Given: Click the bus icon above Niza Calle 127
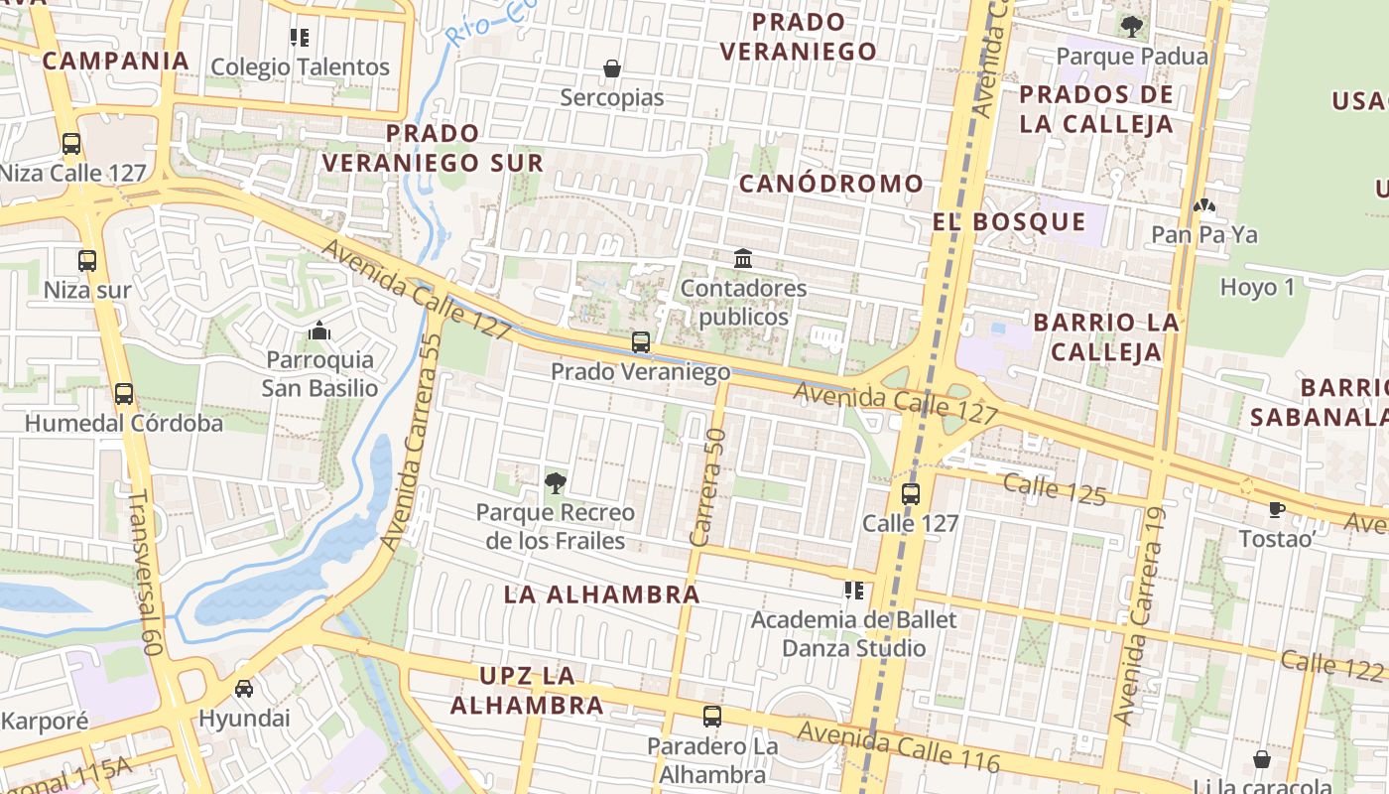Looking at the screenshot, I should (x=71, y=143).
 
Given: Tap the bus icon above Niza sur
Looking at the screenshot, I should (x=87, y=261).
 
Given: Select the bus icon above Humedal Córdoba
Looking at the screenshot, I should (x=123, y=393).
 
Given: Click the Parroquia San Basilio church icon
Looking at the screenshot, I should (x=319, y=331).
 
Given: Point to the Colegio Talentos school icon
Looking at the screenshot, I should (x=300, y=38).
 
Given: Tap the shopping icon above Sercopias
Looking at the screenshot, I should (x=612, y=68).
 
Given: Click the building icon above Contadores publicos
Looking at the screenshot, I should (x=742, y=259).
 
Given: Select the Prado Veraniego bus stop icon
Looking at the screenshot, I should (x=641, y=342).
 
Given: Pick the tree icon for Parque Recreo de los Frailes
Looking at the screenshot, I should (x=555, y=483).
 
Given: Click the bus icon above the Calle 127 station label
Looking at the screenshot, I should (x=911, y=493).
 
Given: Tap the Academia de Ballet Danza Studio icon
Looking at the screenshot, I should (x=853, y=591).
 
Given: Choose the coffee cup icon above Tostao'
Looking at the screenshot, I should (x=1276, y=509).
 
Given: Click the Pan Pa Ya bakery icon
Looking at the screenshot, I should (x=1204, y=205).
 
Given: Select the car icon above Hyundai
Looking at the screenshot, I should (x=244, y=688).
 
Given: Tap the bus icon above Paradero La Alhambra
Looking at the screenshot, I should (x=711, y=716).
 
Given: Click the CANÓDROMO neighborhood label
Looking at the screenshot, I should (x=831, y=184).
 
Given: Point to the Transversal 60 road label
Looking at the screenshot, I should (x=145, y=572).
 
